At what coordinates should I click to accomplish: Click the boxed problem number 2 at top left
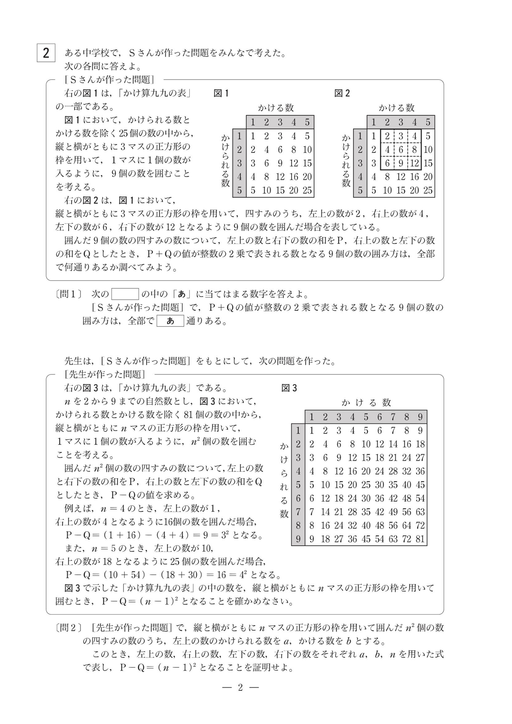click(x=46, y=53)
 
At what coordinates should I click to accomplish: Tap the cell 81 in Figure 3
click(x=420, y=539)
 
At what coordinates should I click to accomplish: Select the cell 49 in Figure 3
click(x=393, y=512)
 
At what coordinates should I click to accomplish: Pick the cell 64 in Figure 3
click(x=406, y=525)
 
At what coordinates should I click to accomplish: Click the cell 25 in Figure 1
click(x=307, y=190)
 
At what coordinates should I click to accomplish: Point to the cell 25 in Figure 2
click(x=428, y=190)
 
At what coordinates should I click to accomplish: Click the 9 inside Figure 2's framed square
click(x=401, y=163)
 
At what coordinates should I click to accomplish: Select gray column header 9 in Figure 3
click(x=420, y=417)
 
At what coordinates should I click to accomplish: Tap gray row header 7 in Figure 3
click(x=298, y=512)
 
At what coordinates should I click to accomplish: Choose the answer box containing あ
click(x=170, y=321)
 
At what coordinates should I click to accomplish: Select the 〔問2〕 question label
click(x=69, y=627)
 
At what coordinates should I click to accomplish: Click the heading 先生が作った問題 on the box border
click(x=105, y=374)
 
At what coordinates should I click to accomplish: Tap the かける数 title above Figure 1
click(x=276, y=108)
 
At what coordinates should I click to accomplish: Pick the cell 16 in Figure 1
click(x=293, y=177)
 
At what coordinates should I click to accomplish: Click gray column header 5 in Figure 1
click(x=307, y=122)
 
